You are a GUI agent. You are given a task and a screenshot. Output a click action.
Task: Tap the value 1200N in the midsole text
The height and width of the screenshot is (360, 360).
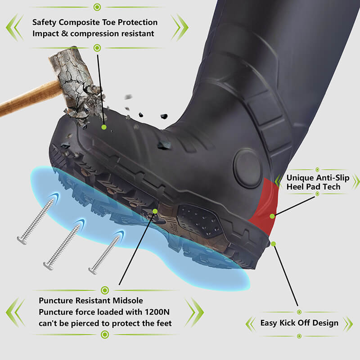tap(157, 312)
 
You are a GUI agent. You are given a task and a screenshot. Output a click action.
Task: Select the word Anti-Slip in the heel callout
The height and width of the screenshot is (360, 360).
tap(333, 178)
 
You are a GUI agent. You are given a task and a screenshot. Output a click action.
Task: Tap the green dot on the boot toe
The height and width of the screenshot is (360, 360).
tap(104, 127)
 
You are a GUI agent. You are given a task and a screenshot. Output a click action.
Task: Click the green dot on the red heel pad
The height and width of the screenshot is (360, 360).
tap(272, 216)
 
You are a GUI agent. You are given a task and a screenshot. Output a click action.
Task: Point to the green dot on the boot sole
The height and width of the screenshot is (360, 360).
tap(155, 211)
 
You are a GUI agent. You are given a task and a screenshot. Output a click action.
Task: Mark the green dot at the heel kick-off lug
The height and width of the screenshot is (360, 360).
tap(273, 244)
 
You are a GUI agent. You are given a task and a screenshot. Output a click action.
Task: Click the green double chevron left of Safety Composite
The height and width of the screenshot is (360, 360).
tap(14, 27)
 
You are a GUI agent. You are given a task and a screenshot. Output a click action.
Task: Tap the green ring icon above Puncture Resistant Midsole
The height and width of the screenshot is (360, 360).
tap(105, 290)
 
